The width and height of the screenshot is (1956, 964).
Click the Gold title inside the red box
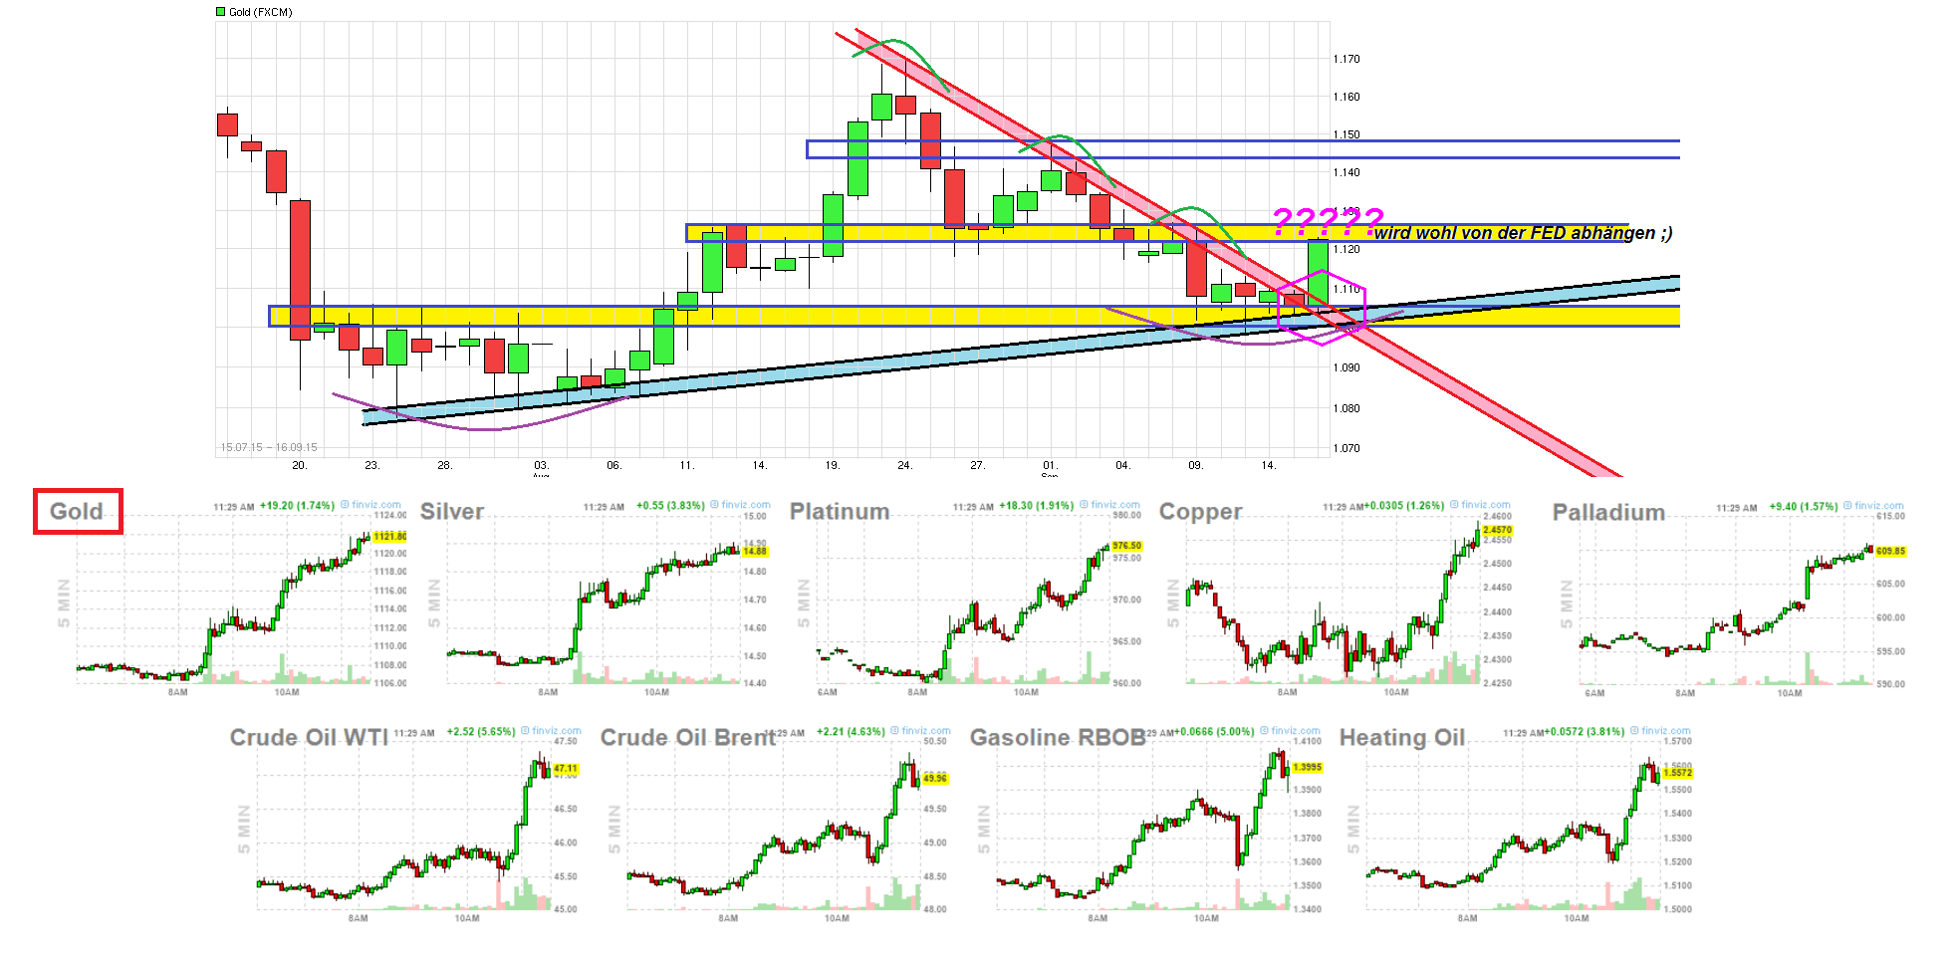[x=77, y=511]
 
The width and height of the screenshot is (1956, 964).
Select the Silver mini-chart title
[x=452, y=511]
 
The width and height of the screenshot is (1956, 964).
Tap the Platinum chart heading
[x=839, y=511]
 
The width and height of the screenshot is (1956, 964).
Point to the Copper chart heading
[x=1200, y=511]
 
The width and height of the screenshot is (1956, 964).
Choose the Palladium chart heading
[x=1608, y=512]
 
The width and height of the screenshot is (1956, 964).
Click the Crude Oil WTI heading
[x=309, y=737]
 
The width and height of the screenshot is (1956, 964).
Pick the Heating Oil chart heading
[x=1401, y=737]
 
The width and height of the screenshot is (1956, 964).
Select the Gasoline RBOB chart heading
[x=1058, y=737]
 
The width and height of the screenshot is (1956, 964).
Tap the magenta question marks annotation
[x=1328, y=220]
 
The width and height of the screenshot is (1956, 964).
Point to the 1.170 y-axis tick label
[x=1346, y=59]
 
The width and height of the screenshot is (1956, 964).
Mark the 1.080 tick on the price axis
[x=1346, y=408]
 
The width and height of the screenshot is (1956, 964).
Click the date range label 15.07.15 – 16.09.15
[x=269, y=447]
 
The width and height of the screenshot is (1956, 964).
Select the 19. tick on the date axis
[x=833, y=465]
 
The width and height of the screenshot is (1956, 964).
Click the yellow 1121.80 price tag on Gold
[x=389, y=536]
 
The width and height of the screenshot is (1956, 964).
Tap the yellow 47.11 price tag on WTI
[x=566, y=768]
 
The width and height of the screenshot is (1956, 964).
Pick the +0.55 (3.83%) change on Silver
[x=670, y=506]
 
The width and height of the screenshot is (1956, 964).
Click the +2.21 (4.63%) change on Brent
[x=851, y=731]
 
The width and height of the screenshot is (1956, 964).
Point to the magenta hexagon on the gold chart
[x=1322, y=307]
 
